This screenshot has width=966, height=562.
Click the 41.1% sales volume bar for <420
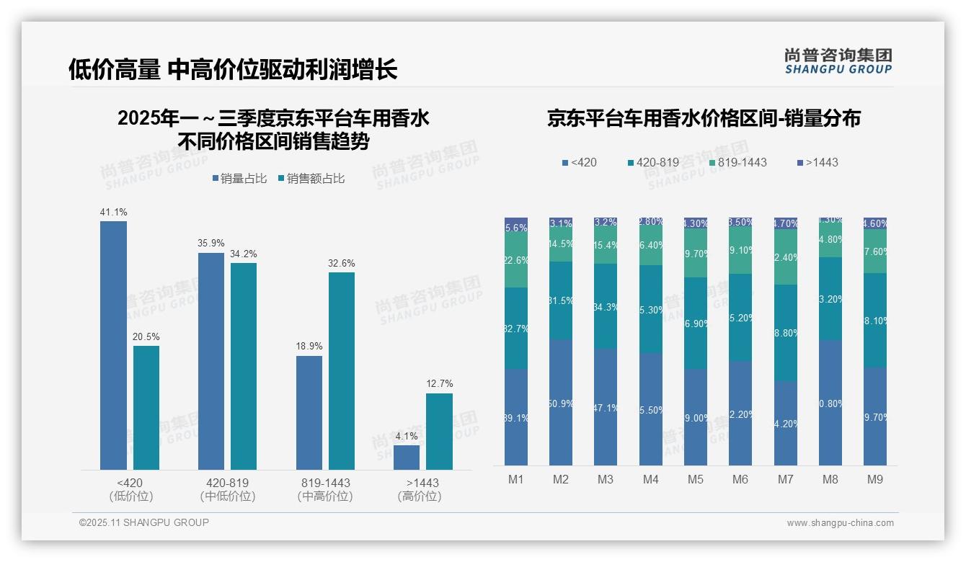[113, 346]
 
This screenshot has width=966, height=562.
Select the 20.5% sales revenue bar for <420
[146, 408]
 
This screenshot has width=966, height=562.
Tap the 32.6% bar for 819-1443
[342, 371]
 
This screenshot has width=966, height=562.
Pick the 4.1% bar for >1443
[407, 458]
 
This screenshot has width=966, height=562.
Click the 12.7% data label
[440, 384]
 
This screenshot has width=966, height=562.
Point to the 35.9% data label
[211, 244]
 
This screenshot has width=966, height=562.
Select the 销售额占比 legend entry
[311, 179]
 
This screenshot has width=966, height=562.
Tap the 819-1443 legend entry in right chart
[737, 162]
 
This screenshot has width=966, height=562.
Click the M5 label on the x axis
[696, 479]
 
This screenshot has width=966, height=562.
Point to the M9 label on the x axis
[875, 479]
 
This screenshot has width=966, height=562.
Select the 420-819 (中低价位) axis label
[227, 489]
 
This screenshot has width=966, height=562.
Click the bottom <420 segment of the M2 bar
[561, 403]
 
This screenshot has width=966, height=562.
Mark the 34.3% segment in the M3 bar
[606, 307]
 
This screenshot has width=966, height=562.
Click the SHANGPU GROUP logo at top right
[838, 61]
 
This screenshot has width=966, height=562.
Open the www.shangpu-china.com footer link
[840, 523]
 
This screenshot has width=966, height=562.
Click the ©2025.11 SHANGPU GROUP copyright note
[144, 522]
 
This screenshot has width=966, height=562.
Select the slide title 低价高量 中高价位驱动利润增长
[233, 70]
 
